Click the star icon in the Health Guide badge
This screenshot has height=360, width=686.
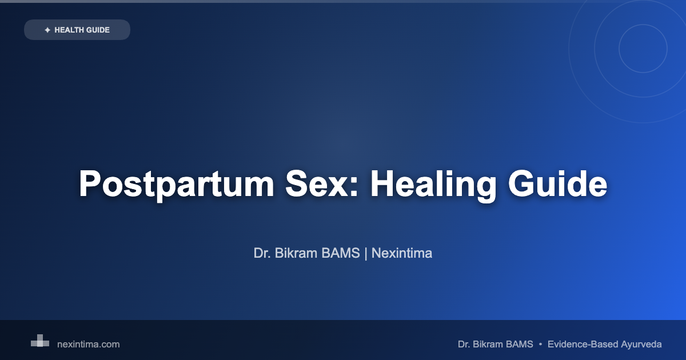click(x=47, y=30)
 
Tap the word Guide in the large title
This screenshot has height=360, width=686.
click(x=557, y=183)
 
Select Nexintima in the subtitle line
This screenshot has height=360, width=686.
click(x=401, y=253)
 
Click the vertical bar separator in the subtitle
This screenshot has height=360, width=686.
click(x=366, y=254)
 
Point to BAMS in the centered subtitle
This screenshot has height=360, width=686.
click(x=341, y=253)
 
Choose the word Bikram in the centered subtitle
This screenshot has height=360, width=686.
click(x=296, y=253)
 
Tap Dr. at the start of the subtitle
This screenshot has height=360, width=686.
click(x=262, y=253)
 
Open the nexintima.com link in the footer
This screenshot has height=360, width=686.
click(x=89, y=345)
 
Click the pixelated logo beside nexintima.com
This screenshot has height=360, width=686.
click(x=40, y=341)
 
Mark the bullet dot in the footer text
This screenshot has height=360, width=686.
click(x=540, y=345)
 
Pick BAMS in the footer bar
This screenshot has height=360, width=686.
click(x=519, y=345)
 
